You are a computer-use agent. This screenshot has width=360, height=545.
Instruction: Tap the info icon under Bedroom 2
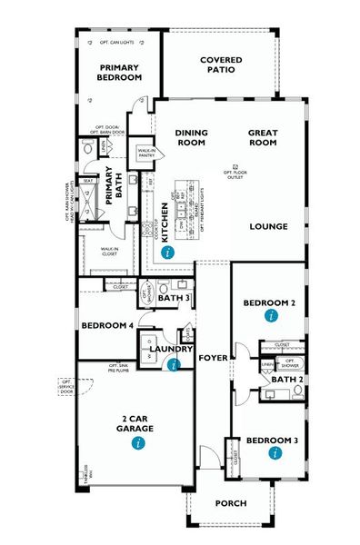point(269,316)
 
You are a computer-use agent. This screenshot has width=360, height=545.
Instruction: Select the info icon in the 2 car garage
point(136,442)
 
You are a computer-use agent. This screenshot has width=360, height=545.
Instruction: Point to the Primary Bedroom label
point(121,73)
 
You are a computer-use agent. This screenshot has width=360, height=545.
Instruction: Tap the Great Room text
point(263,137)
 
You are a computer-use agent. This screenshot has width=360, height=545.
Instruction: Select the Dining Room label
point(192,137)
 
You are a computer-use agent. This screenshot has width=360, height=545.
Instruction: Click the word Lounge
point(269,226)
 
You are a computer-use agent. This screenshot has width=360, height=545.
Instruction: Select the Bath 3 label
point(173,298)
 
